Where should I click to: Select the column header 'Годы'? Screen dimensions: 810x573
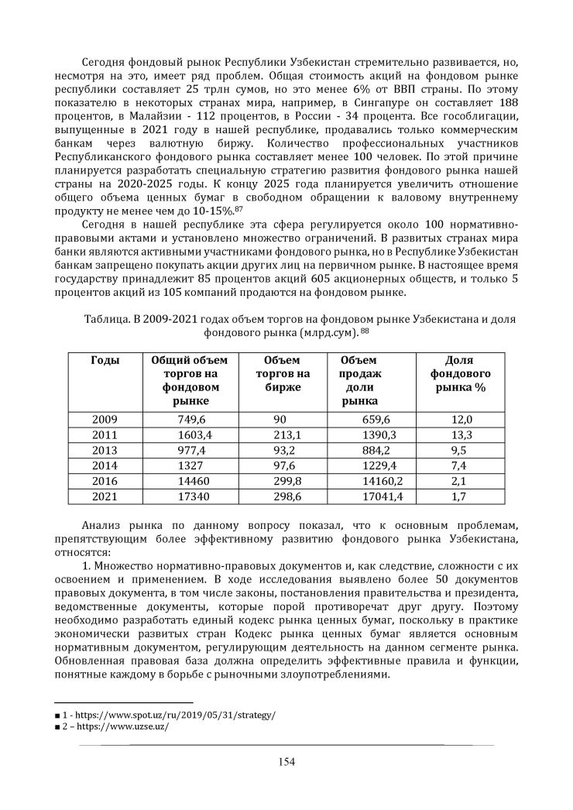pos(105,361)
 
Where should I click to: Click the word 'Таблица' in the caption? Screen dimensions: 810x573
pos(104,319)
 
